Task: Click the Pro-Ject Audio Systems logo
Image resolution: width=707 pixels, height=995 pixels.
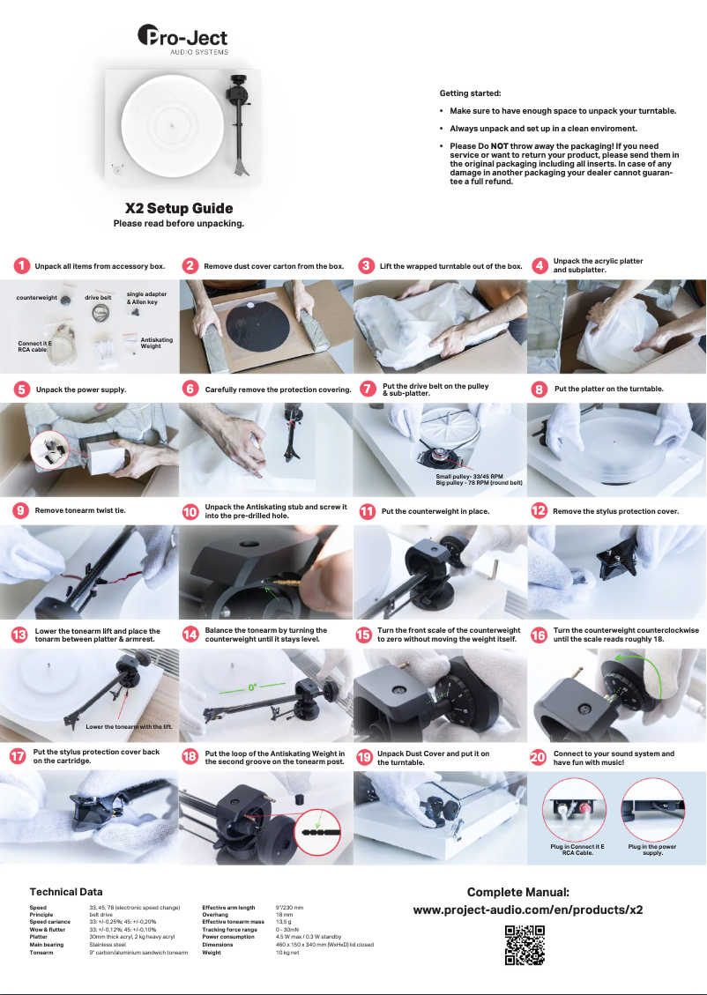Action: coord(182,40)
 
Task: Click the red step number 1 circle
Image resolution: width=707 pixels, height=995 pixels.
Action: coord(21,266)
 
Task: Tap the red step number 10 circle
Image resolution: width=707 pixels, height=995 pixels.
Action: coord(190,511)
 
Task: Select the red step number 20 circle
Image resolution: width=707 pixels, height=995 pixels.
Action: coord(538,757)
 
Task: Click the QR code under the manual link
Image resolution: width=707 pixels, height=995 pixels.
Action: coord(525,945)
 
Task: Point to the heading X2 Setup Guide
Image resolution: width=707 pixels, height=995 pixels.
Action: coord(179,208)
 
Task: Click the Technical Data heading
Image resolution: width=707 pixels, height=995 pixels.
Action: coord(66,892)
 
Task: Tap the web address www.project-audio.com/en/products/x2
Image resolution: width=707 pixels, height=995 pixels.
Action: coord(528,910)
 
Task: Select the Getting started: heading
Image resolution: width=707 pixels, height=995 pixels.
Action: coord(470,93)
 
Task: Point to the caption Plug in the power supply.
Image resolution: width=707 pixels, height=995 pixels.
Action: coord(652,850)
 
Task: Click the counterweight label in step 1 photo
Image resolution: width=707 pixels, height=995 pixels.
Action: coord(37,298)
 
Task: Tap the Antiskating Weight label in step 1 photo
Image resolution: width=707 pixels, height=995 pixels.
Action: coord(157,343)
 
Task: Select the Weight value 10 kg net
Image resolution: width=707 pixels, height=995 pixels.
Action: coord(287,953)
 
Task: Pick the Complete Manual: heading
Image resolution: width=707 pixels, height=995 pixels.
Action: coord(518,892)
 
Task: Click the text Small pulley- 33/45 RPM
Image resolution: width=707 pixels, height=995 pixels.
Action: coord(470,477)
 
